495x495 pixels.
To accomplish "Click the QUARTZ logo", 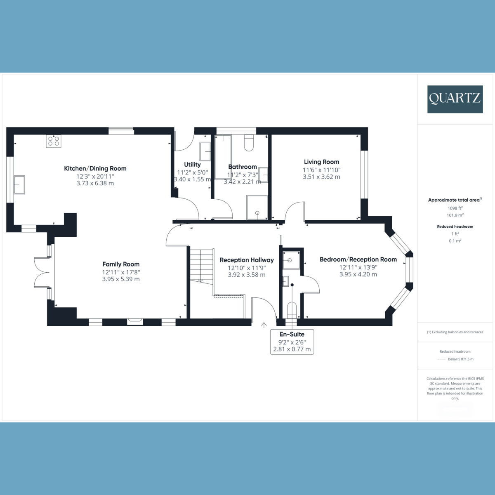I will [x=455, y=99].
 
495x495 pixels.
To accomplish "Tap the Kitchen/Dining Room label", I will [x=95, y=168].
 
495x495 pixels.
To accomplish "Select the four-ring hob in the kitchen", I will [x=54, y=141].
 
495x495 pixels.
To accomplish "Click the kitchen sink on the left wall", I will [x=19, y=184].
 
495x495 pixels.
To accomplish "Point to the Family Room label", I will [x=121, y=264].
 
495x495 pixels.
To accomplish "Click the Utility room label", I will [x=192, y=165].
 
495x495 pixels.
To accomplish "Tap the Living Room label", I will [x=321, y=162].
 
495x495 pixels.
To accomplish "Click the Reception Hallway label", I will [x=247, y=260].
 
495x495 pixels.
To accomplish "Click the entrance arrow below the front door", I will [x=264, y=325].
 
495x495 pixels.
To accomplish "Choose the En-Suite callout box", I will [x=292, y=342].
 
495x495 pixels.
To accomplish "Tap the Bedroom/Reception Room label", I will [x=358, y=259].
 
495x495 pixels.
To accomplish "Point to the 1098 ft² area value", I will [x=455, y=208].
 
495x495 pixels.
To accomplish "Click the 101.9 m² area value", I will [x=455, y=215].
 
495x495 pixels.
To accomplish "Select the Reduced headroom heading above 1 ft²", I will [x=455, y=226].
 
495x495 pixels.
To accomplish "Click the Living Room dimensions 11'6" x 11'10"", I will [x=321, y=170].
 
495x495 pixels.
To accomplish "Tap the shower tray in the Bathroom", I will [x=257, y=207].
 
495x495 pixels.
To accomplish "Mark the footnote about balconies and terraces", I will [x=455, y=332].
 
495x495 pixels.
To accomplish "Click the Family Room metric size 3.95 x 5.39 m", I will [x=121, y=279].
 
